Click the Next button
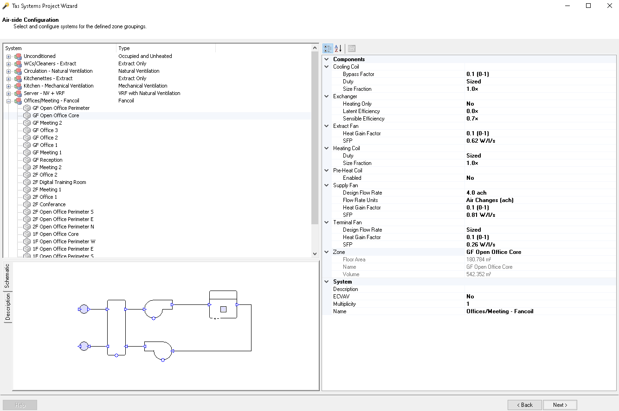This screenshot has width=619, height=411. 560,405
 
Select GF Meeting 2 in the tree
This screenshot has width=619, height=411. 47,123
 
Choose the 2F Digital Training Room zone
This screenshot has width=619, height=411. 59,182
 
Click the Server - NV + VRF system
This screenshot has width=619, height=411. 44,93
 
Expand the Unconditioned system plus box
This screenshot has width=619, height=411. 8,57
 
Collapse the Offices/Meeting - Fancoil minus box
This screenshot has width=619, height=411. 8,101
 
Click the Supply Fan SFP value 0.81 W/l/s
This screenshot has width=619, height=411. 481,215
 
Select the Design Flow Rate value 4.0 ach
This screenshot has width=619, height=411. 476,193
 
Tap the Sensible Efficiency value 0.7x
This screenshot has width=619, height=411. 472,119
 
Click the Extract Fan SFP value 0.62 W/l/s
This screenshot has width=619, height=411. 481,141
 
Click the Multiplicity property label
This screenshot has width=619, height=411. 344,304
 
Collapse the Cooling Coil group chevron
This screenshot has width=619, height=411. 326,67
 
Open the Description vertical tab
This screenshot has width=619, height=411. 7,307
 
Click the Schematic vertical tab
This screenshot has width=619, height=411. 7,276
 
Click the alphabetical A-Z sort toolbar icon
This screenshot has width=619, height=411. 338,48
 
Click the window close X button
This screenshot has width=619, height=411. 609,6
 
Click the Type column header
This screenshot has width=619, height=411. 124,48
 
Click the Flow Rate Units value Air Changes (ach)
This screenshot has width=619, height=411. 490,200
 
